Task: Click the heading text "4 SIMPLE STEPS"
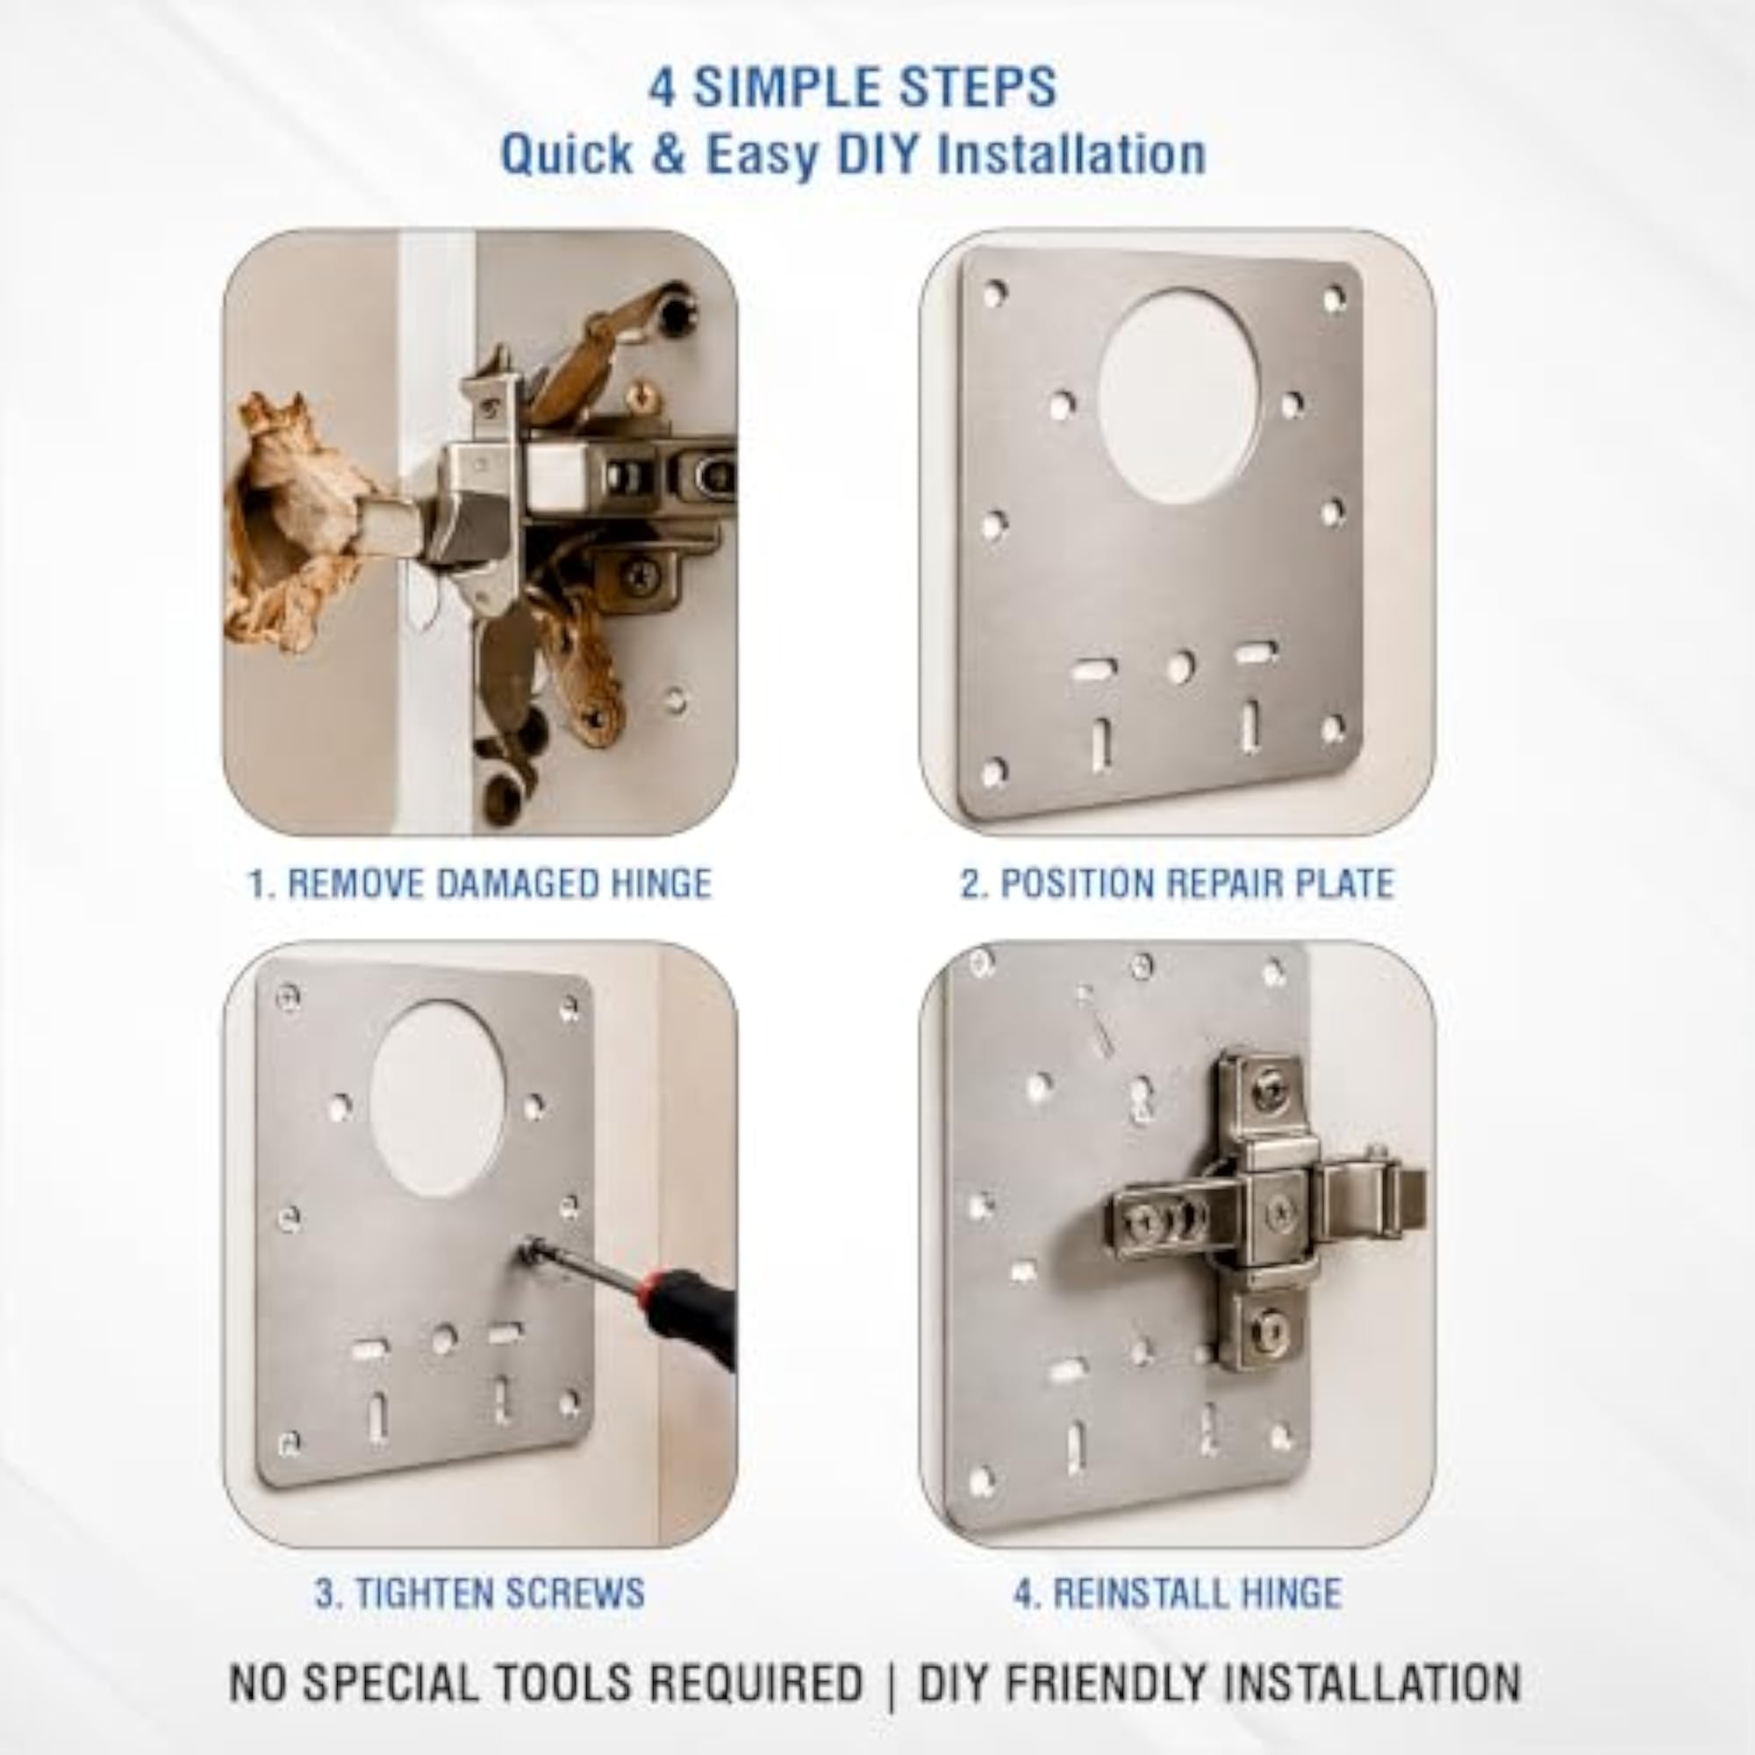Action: [x=852, y=88]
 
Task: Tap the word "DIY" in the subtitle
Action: [x=880, y=154]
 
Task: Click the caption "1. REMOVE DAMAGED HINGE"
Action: [x=480, y=884]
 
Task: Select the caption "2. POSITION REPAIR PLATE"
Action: [x=1178, y=884]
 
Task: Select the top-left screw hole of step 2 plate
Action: [x=996, y=293]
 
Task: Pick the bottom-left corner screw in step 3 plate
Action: [x=290, y=1443]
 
